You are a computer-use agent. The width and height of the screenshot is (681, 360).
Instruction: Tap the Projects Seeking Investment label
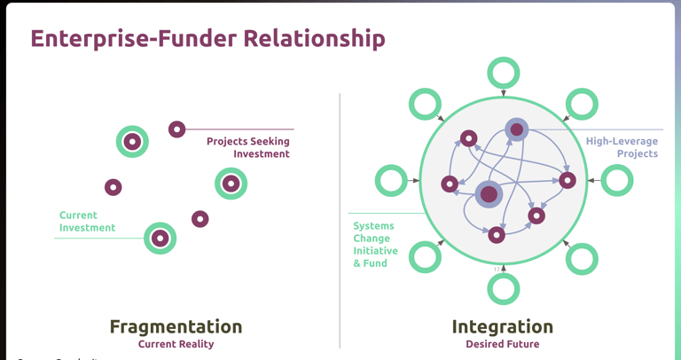pos(248,147)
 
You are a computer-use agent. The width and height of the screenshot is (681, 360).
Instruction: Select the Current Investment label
pos(87,222)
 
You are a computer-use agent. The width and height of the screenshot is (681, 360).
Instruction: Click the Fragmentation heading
pos(176,326)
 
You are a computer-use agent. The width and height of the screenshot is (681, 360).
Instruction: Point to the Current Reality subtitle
pos(176,344)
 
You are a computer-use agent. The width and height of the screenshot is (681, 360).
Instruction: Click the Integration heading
pos(502,326)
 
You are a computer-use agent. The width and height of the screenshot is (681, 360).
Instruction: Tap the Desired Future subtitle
pos(502,344)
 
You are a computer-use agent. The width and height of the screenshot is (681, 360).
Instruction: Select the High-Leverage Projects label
pos(622,147)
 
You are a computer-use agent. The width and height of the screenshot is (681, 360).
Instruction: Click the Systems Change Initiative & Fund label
pos(374,245)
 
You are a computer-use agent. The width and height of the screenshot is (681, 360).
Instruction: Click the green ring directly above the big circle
pos(504,73)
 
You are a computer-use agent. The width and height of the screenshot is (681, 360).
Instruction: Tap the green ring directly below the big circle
pos(504,288)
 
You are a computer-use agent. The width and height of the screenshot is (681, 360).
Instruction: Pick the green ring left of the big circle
pos(391,180)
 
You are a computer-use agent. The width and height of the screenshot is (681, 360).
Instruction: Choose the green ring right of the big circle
pos(617,180)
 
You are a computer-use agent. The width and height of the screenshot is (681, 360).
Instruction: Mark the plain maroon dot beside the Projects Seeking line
pos(176,129)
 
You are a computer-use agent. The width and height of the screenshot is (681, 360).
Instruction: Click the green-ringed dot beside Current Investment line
pos(160,238)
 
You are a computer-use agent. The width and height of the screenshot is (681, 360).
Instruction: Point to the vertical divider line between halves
pos(340,222)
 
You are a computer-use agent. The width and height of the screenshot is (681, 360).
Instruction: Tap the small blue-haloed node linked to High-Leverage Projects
pos(517,129)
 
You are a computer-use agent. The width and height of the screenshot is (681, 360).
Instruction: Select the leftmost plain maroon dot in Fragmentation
pos(113,187)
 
